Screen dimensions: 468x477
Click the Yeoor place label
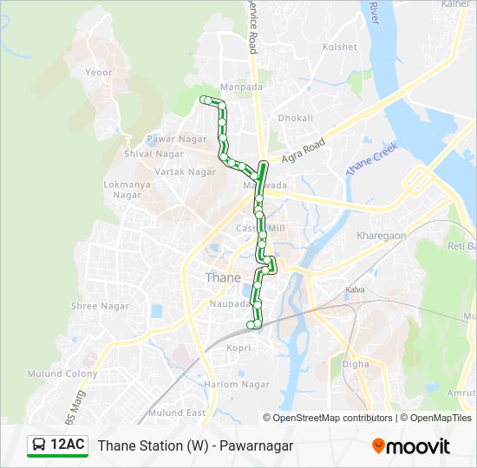(99, 73)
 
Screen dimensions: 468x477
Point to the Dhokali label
(295, 117)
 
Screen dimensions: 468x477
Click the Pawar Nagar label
(176, 139)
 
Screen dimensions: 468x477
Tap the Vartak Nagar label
(186, 172)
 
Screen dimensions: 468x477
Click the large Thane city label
(223, 278)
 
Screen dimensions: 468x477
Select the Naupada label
(230, 304)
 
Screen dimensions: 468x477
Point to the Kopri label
(238, 347)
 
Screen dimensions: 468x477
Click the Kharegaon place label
(381, 235)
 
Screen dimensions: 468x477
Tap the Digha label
(355, 364)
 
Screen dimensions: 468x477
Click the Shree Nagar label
(100, 306)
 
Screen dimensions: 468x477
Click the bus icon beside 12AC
(39, 445)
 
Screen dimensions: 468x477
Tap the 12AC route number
(67, 445)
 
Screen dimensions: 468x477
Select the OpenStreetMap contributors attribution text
(333, 418)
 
